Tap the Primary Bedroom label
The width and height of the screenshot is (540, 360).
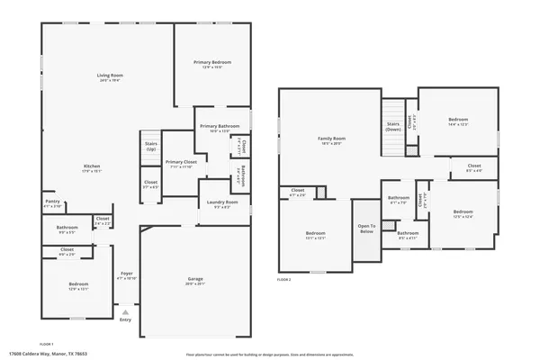click(212, 62)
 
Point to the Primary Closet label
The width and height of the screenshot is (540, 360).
click(180, 162)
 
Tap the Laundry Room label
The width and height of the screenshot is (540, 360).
click(220, 202)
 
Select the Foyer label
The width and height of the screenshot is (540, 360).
click(127, 274)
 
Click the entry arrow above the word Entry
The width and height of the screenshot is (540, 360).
click(125, 311)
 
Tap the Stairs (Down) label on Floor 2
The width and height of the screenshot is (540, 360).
click(393, 126)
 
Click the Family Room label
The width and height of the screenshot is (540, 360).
click(331, 139)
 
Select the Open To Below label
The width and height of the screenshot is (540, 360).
click(366, 229)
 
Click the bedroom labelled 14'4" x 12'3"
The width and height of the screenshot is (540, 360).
click(458, 120)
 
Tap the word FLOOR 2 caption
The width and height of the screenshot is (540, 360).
click(284, 281)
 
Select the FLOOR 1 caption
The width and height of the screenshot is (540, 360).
click(47, 343)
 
